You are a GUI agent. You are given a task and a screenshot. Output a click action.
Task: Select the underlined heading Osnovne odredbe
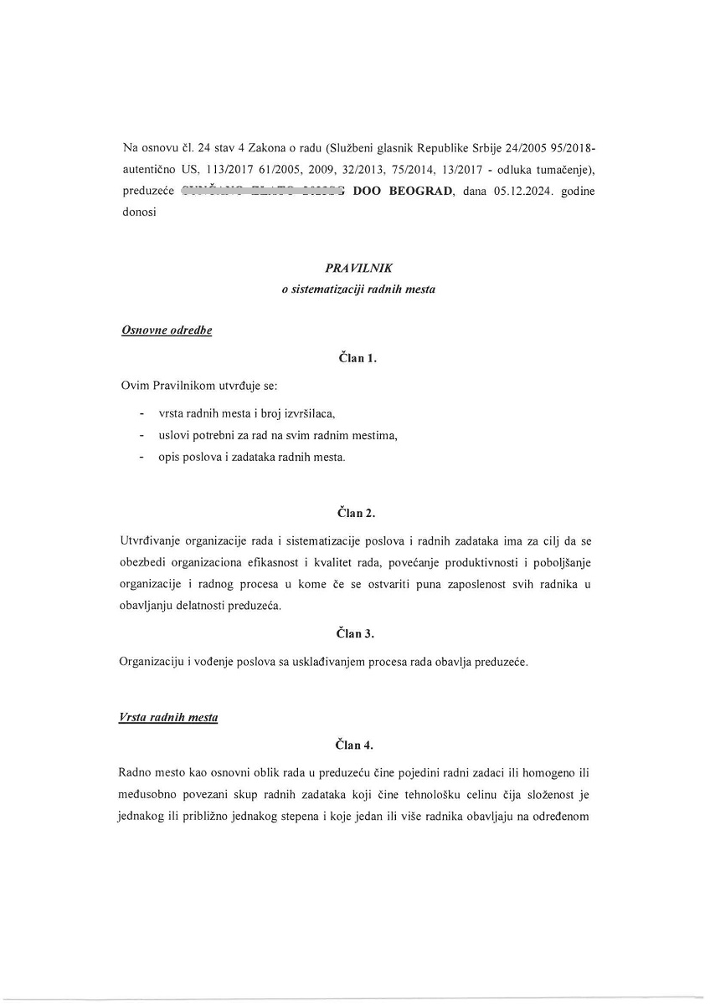coord(167,330)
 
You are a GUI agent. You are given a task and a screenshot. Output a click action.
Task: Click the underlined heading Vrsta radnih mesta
coord(168,718)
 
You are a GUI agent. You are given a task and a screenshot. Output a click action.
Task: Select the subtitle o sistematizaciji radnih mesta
coord(358,289)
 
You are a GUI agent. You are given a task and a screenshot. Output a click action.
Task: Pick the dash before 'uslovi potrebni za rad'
coord(141,435)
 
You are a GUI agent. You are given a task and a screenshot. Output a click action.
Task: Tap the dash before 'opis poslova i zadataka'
coord(141,457)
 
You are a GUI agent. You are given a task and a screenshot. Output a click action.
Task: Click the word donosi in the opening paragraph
coord(139,213)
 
